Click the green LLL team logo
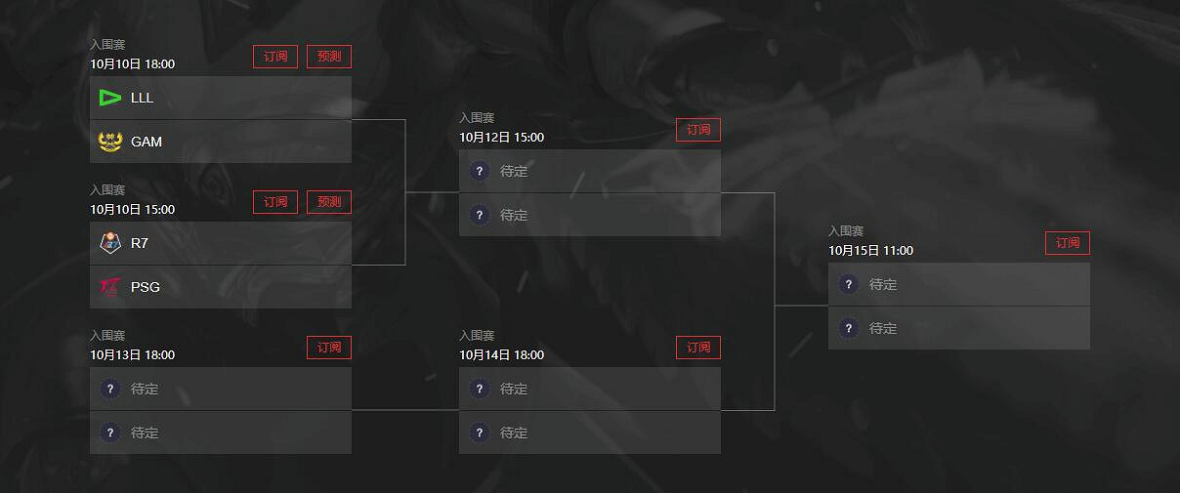click(x=110, y=98)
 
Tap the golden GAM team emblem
click(x=110, y=142)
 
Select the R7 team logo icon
click(x=110, y=243)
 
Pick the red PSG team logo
click(x=110, y=287)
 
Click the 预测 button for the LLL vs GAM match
click(x=329, y=57)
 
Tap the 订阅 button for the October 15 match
click(x=1068, y=243)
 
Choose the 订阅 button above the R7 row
click(x=275, y=202)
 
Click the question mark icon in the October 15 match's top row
click(x=848, y=284)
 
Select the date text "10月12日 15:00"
click(x=501, y=138)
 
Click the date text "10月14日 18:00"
click(x=501, y=355)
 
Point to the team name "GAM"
click(x=147, y=142)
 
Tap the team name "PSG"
click(x=146, y=287)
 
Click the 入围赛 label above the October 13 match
click(x=107, y=336)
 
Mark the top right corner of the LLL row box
click(x=352, y=76)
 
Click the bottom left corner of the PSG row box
click(x=90, y=308)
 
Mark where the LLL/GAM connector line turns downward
click(x=405, y=120)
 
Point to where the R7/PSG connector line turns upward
click(x=405, y=265)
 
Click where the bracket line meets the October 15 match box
click(x=828, y=306)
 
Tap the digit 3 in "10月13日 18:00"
click(x=118, y=355)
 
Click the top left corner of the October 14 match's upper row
click(x=459, y=368)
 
